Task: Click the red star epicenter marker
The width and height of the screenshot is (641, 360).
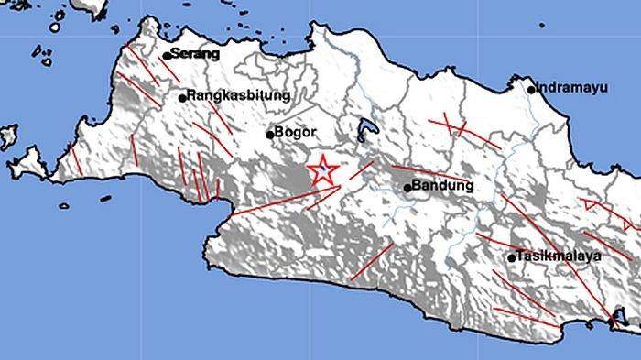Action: point(322,171)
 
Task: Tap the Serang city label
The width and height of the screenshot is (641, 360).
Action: point(196,55)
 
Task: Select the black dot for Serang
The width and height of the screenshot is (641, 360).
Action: point(167,56)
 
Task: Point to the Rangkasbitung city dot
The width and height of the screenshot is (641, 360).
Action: point(183,96)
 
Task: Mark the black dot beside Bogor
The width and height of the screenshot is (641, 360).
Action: point(270,134)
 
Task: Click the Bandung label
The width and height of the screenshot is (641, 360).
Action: point(443,186)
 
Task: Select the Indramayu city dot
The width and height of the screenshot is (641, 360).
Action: point(532,89)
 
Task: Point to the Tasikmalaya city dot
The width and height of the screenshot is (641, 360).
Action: point(512,258)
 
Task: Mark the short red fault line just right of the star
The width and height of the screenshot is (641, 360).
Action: point(362,169)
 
